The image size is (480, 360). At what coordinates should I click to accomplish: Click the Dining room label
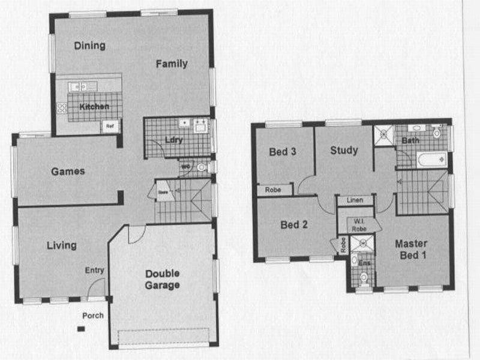(90, 46)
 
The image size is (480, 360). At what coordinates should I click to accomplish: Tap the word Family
(172, 64)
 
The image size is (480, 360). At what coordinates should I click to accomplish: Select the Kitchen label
(94, 107)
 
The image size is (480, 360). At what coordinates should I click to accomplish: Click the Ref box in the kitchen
(110, 126)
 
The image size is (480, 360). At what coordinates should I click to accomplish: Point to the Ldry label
(173, 140)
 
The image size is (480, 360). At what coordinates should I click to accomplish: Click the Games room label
(68, 171)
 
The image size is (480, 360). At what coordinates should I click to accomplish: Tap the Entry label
(94, 270)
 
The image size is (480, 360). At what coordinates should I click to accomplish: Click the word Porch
(93, 316)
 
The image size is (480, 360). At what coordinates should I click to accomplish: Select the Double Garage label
(163, 280)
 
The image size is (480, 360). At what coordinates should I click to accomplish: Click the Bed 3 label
(282, 152)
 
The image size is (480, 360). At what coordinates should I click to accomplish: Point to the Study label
(344, 150)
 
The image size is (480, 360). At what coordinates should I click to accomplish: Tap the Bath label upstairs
(410, 140)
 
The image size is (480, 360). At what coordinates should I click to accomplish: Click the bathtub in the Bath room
(431, 160)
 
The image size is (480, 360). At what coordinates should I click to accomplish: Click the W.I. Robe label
(359, 223)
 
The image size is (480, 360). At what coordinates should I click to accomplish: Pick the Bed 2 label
(294, 226)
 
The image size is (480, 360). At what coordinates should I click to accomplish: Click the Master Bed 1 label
(411, 249)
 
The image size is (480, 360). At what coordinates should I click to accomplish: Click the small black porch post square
(80, 328)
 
